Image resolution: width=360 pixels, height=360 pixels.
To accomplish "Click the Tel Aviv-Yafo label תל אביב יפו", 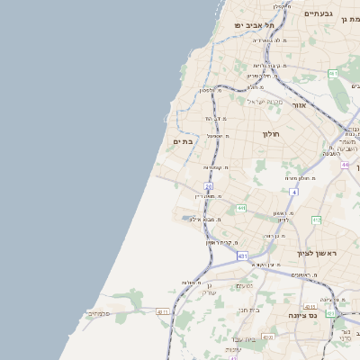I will point(256,25).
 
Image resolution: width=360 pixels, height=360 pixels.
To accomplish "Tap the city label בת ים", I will point(184,141).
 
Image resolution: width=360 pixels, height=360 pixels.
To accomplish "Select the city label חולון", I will point(272,135).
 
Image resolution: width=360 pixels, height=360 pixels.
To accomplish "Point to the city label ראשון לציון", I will point(319,255).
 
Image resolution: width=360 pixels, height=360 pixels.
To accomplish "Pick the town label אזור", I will point(300,105).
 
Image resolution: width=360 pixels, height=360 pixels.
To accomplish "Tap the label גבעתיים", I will point(319,14).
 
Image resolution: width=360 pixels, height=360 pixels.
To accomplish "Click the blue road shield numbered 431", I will point(242,256).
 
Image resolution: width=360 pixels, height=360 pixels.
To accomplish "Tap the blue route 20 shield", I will point(208,186).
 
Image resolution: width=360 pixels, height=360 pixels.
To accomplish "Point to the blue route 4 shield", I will point(293,192).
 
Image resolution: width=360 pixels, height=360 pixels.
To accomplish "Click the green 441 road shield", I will point(241,209).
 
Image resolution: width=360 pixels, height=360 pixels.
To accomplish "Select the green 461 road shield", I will point(333,74).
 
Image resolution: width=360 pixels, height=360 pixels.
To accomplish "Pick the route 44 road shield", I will point(345,166).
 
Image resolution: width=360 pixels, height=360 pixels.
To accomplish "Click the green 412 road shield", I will point(316,220).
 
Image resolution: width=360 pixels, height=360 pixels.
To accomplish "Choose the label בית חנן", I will point(249,310).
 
